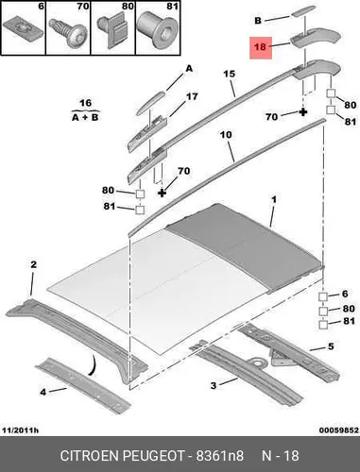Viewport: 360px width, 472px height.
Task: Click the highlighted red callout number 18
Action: [x=260, y=47]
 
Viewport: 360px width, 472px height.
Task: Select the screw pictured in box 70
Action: [x=67, y=33]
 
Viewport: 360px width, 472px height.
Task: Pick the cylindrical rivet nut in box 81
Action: [x=158, y=31]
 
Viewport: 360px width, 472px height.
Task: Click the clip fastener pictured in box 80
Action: [x=111, y=31]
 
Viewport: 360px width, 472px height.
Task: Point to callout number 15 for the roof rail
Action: [x=230, y=74]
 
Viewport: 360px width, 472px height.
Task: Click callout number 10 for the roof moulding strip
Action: [x=226, y=135]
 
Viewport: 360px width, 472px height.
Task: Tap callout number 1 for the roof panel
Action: [x=274, y=199]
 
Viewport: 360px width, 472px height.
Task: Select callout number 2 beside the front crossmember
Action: [x=33, y=264]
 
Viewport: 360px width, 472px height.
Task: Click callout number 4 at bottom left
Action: [x=43, y=392]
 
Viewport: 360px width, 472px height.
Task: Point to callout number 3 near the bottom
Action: [x=214, y=385]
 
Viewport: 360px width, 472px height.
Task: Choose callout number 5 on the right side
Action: [x=331, y=346]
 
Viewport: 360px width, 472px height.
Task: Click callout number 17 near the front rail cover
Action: [x=192, y=96]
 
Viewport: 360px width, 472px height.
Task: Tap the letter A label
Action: [x=189, y=68]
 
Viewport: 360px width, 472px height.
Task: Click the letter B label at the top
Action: [x=258, y=21]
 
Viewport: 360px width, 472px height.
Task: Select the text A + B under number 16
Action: [x=85, y=117]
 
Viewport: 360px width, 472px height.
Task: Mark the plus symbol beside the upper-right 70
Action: [x=303, y=112]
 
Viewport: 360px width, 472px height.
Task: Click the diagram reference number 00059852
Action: [x=339, y=430]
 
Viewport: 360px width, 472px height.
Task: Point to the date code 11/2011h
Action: [x=21, y=430]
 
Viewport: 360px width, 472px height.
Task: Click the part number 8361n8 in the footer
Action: [x=220, y=456]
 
